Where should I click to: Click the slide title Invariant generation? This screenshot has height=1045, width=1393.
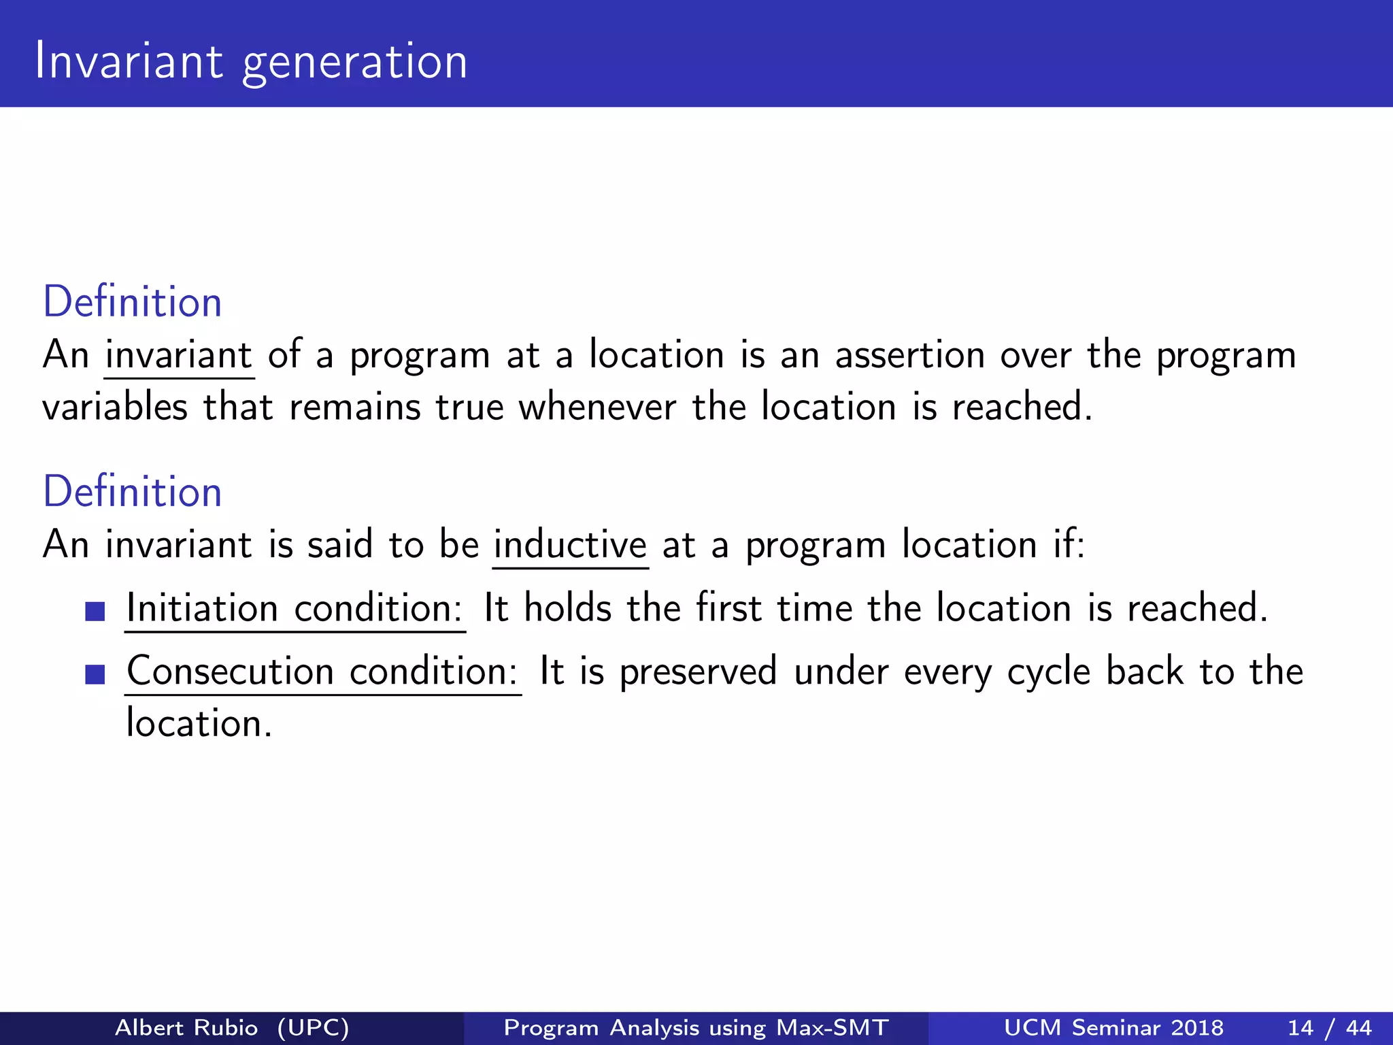click(x=251, y=61)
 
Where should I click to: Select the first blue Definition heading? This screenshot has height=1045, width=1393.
click(x=133, y=302)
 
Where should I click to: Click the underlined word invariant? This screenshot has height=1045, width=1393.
click(x=179, y=355)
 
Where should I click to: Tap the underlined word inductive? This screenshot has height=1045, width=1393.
click(x=570, y=545)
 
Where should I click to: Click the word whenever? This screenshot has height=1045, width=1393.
click(x=597, y=408)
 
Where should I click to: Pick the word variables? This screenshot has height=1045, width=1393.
click(x=115, y=408)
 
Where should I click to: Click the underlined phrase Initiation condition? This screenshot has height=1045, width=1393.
click(x=295, y=608)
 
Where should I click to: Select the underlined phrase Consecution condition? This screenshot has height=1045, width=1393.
click(x=322, y=671)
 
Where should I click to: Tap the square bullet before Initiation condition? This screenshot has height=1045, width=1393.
click(x=95, y=611)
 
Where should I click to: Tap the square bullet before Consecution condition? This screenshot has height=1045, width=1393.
click(x=95, y=674)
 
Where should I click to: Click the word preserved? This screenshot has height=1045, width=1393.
click(x=698, y=671)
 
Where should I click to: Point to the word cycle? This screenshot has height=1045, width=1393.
click(x=1048, y=671)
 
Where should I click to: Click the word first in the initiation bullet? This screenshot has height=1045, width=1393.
click(x=728, y=608)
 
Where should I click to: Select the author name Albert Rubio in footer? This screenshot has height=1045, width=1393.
click(x=186, y=1027)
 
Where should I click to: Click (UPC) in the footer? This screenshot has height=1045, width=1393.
click(x=313, y=1027)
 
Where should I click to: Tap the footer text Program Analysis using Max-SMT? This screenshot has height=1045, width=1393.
click(x=696, y=1027)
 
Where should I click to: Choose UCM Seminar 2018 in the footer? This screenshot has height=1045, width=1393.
click(x=1113, y=1027)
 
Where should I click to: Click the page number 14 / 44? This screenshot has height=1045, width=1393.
click(x=1329, y=1027)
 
